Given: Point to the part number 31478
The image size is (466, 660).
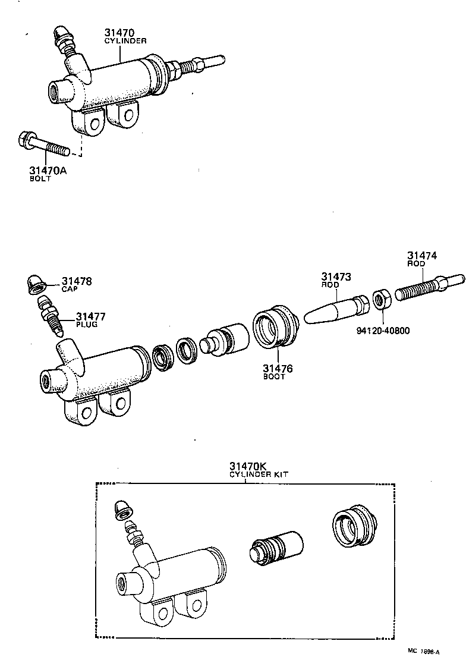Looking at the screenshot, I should (77, 281).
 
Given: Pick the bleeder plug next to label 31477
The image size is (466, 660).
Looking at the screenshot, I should (49, 314).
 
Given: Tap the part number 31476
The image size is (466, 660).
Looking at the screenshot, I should (278, 369).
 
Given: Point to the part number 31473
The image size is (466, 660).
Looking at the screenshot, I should (336, 276).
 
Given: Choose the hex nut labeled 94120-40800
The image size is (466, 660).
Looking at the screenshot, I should (381, 298).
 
